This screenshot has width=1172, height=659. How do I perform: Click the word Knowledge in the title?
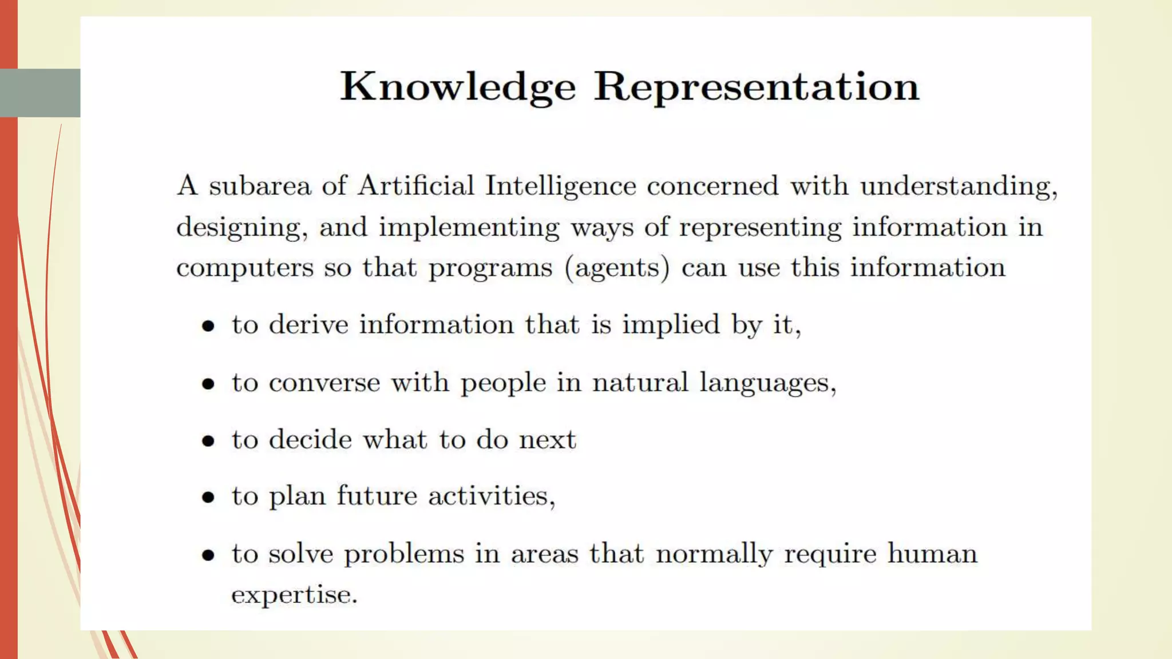click(x=458, y=87)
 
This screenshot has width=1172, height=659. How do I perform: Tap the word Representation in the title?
click(x=756, y=87)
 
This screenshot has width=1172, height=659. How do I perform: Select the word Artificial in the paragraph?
click(x=416, y=186)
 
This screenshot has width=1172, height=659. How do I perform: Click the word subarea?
click(x=260, y=186)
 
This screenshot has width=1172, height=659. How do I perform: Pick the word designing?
click(x=241, y=228)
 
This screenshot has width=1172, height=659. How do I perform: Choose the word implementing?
click(x=469, y=228)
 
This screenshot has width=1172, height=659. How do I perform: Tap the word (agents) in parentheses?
click(x=617, y=268)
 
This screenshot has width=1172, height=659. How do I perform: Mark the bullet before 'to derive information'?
click(x=208, y=327)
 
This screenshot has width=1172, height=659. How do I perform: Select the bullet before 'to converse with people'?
click(x=208, y=384)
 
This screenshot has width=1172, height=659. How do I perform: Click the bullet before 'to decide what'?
click(x=208, y=441)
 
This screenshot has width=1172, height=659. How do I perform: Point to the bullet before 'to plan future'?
click(x=208, y=497)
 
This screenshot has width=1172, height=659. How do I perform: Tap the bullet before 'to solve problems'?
click(x=208, y=555)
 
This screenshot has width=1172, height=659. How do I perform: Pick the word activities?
click(x=492, y=496)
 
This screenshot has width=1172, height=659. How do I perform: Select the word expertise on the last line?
click(x=294, y=595)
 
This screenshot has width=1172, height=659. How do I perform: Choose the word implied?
click(x=671, y=325)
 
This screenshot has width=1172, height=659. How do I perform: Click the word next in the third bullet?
click(x=548, y=440)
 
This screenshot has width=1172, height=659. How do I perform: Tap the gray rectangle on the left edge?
click(x=40, y=93)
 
